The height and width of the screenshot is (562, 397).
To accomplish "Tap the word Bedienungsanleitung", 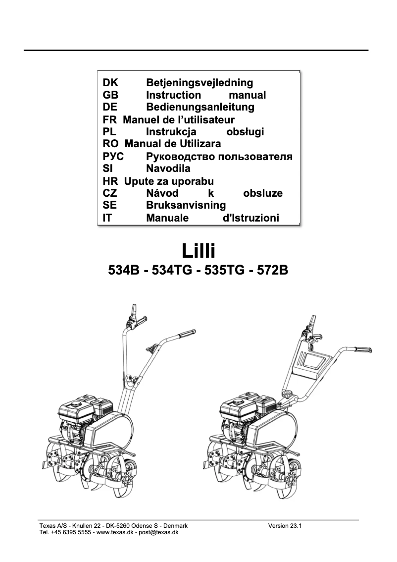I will pos(200,107).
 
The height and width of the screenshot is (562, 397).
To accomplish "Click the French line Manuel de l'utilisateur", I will pos(178,119).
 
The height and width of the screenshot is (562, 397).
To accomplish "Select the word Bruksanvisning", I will pos(186,205).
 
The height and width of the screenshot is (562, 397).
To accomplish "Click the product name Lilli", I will pos(198,250).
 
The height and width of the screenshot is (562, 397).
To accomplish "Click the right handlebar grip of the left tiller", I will pos(187,333).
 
